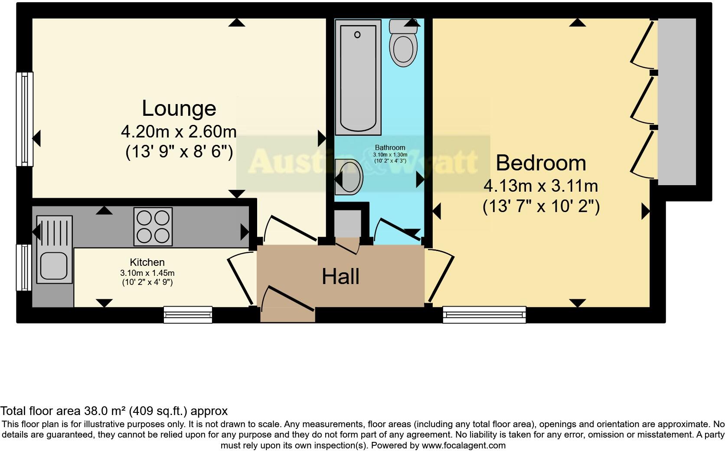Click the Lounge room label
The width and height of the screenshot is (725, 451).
[179, 108]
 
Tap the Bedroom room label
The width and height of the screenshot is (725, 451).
[541, 163]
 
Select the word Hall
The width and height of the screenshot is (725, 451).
[340, 277]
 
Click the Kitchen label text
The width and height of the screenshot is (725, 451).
[147, 262]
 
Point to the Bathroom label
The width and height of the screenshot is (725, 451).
[390, 148]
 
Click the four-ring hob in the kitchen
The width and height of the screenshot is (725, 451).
[153, 226]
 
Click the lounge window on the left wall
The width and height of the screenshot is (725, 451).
[25, 119]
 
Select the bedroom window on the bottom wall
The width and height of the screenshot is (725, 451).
[484, 315]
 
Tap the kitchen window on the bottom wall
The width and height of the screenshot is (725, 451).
[188, 315]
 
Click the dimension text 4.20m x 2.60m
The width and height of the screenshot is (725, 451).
[179, 131]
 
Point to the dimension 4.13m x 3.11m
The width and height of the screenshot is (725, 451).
[541, 186]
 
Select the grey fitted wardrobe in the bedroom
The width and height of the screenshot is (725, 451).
[677, 102]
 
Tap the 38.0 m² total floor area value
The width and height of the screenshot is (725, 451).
[107, 411]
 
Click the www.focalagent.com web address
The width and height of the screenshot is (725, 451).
[464, 445]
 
